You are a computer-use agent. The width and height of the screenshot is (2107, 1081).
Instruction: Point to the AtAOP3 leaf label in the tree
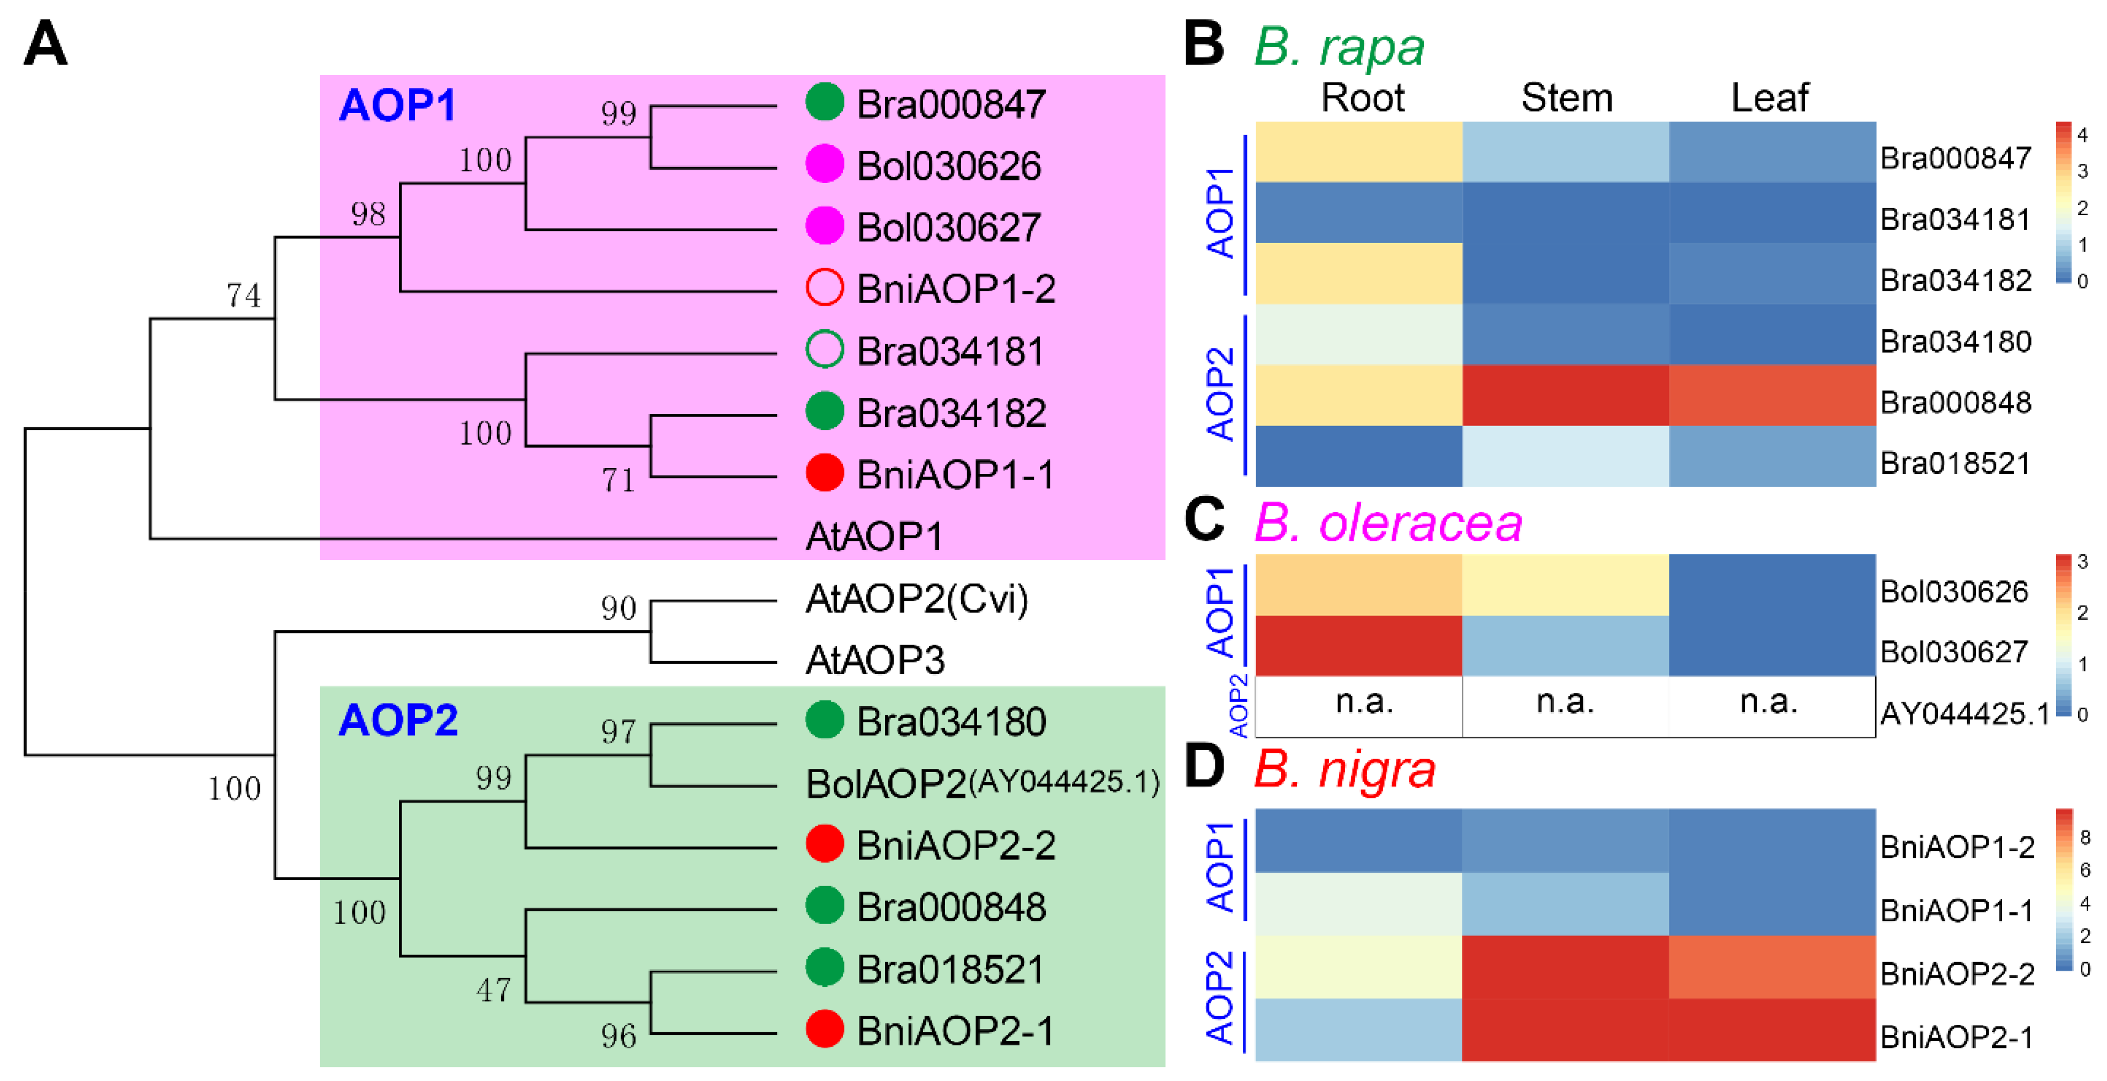[874, 660]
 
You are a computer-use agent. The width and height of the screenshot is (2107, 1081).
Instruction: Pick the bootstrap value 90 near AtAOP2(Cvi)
[618, 608]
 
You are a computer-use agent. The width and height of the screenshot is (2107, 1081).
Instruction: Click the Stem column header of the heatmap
[1566, 98]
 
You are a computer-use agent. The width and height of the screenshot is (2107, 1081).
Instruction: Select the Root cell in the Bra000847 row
[1358, 152]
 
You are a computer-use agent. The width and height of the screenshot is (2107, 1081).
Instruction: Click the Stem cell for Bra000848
[1566, 395]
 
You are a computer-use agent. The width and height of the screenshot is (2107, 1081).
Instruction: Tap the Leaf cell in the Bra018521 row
[1772, 456]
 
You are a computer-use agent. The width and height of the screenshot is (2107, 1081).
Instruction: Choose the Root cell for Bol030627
[1358, 646]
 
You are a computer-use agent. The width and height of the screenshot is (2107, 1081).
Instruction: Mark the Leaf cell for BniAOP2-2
[1772, 966]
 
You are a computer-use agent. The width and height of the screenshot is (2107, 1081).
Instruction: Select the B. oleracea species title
[1387, 523]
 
